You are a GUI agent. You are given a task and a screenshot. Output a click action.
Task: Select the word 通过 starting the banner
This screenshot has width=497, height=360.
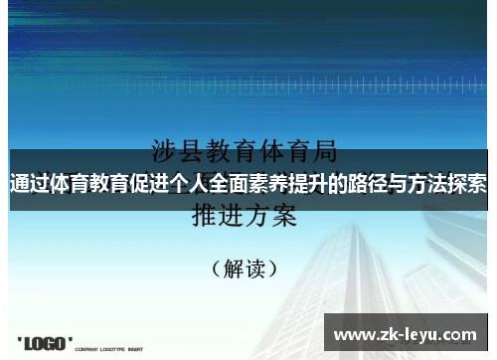(x=30, y=184)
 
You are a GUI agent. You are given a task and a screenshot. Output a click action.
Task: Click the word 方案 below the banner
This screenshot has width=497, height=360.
(x=270, y=216)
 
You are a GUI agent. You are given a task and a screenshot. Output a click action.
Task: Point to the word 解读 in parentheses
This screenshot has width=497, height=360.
(x=245, y=268)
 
